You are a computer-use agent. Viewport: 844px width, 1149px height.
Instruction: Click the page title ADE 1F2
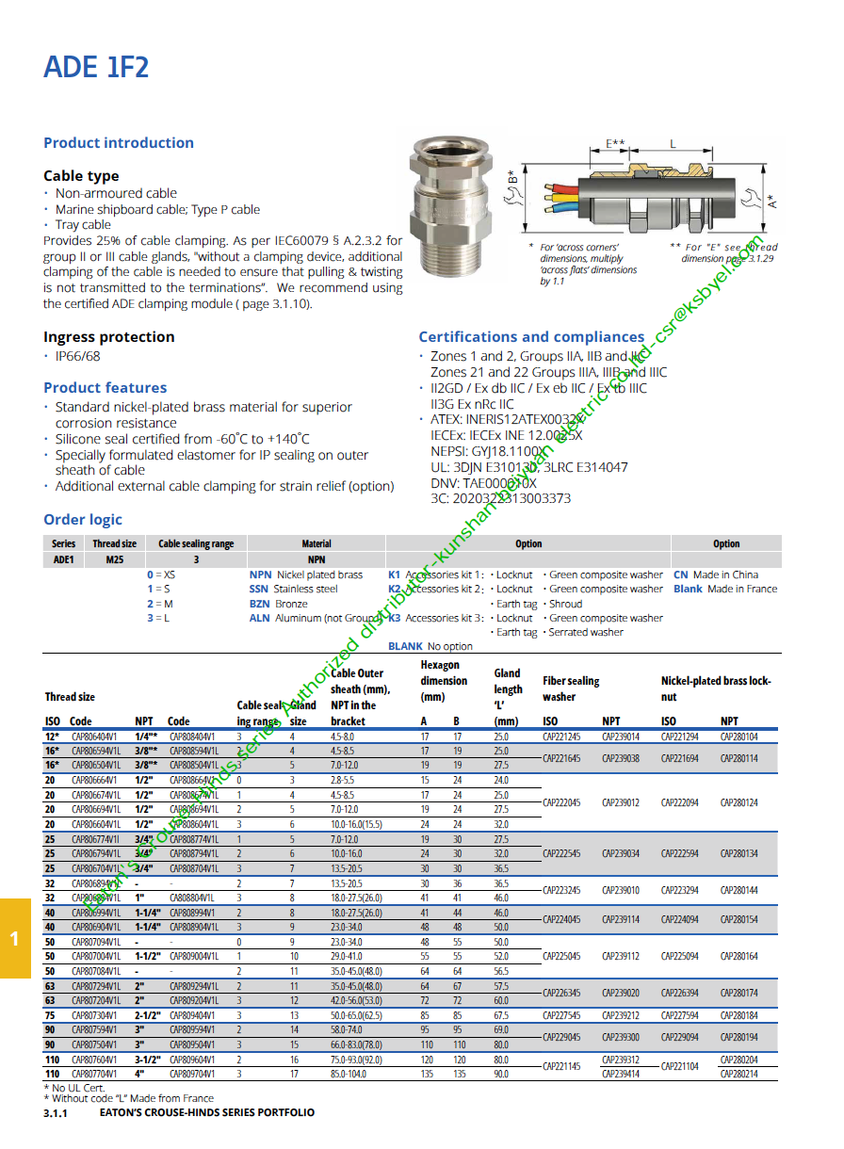click(x=96, y=68)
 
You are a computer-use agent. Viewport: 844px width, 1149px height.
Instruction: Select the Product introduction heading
click(x=119, y=143)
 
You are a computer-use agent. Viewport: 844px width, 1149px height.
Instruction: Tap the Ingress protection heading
click(x=109, y=337)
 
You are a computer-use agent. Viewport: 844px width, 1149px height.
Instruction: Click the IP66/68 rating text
click(x=77, y=357)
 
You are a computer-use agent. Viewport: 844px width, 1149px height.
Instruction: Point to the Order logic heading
click(x=83, y=520)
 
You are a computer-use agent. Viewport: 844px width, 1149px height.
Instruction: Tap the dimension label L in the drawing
click(x=673, y=144)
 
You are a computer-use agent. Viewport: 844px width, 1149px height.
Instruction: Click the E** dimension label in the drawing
click(x=615, y=144)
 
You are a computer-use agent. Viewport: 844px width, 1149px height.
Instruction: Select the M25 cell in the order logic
click(x=114, y=559)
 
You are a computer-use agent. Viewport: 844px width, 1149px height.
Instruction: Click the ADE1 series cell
click(x=64, y=559)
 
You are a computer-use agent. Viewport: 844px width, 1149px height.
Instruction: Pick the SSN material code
click(x=259, y=590)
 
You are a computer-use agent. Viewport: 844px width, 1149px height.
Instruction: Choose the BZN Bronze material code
click(x=259, y=604)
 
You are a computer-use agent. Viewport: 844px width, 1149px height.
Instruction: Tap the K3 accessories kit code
click(x=395, y=619)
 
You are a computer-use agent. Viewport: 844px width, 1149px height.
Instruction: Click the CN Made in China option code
click(x=681, y=574)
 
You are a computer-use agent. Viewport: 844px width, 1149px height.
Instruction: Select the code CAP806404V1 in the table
click(x=95, y=737)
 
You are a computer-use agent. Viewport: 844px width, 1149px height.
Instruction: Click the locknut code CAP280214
click(x=739, y=1074)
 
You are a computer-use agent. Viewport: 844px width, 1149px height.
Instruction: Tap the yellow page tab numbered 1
click(x=14, y=938)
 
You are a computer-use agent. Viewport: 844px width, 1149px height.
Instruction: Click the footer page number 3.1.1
click(x=56, y=1113)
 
